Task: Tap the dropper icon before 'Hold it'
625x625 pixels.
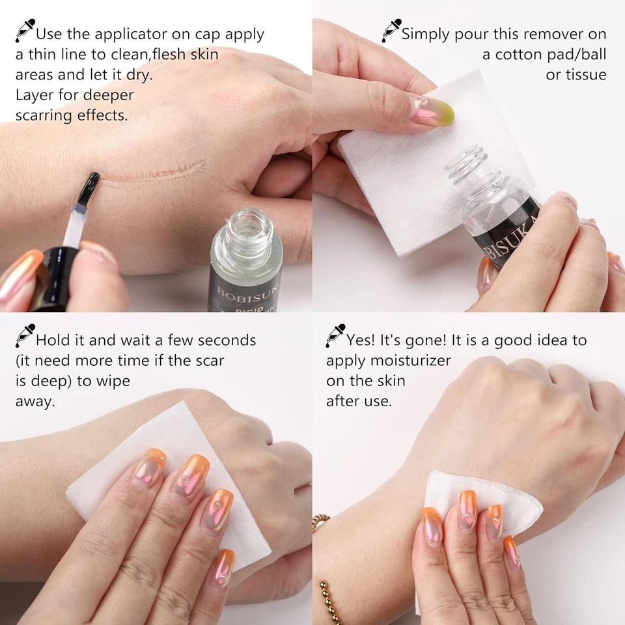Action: point(24,336)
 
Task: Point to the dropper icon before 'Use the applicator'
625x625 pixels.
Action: point(25,30)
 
